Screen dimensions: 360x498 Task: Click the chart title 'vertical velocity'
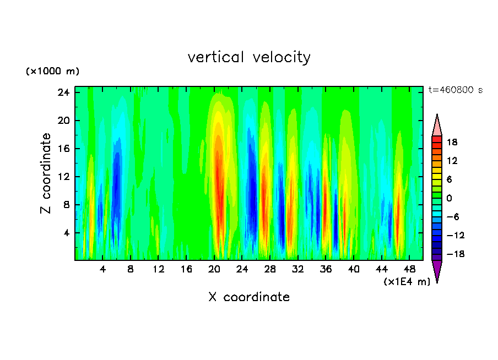249,57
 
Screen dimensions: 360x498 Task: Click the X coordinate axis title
249,297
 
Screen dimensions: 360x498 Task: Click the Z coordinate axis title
46,173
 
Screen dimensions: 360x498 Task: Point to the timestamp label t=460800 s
455,90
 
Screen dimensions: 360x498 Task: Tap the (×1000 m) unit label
52,72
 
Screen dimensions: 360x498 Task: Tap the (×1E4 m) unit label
407,282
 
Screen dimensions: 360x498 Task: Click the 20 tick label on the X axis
214,270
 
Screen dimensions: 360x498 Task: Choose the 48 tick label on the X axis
409,270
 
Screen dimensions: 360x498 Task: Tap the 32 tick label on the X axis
298,270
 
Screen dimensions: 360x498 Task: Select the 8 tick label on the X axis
131,270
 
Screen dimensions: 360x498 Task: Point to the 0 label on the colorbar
449,198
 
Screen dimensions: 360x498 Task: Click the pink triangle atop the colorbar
437,126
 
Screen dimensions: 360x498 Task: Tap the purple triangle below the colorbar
437,270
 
